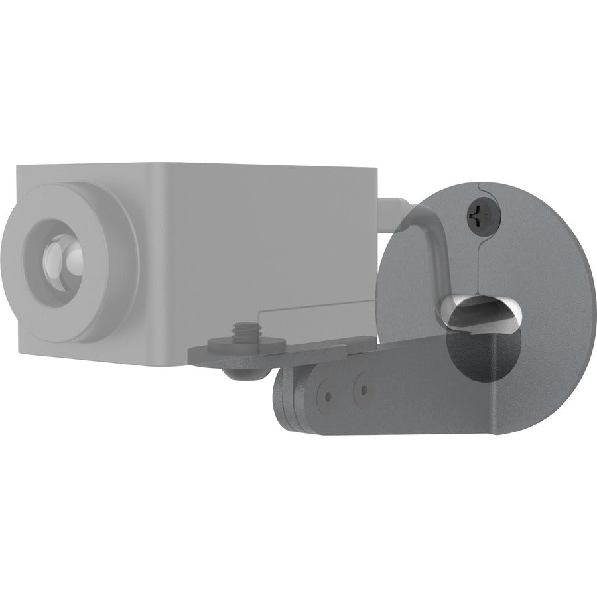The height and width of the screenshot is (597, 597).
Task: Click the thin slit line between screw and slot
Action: coord(479,265)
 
